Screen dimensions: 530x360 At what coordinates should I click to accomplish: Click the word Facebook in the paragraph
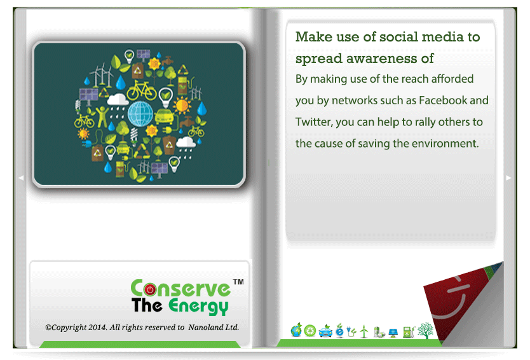click(443, 100)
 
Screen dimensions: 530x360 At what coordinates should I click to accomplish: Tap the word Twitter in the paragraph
click(313, 122)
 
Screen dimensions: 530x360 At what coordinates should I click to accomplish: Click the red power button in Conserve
click(150, 289)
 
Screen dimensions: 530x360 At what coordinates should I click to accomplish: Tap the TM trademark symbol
click(238, 282)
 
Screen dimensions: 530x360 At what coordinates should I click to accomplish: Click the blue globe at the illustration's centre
click(140, 114)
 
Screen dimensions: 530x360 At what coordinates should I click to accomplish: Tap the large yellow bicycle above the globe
click(141, 91)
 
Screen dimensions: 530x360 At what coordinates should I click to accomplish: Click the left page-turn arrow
click(21, 177)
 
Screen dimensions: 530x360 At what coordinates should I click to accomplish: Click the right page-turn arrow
click(508, 177)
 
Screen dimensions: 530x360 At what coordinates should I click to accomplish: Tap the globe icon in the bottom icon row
click(296, 330)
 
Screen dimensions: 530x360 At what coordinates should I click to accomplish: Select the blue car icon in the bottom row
click(325, 331)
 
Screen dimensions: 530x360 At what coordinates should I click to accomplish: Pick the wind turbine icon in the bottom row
click(364, 331)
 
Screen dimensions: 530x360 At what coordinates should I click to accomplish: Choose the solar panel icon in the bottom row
click(393, 333)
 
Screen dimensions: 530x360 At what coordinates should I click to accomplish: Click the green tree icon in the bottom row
click(425, 331)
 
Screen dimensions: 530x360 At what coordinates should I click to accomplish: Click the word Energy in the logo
click(198, 307)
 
